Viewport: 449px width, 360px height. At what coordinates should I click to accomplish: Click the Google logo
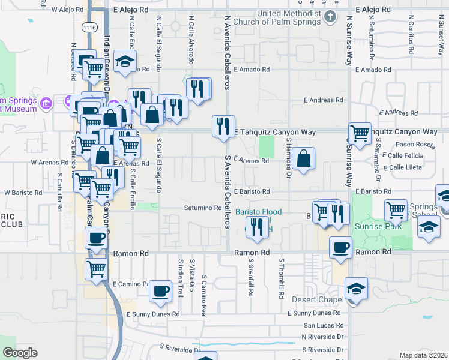20,353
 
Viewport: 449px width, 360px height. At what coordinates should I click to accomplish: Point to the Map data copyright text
423,355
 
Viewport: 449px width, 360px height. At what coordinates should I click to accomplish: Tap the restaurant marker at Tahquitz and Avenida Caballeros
223,127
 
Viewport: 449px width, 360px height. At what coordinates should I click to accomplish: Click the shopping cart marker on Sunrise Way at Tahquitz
360,134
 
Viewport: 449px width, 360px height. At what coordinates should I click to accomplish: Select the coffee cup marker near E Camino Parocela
160,292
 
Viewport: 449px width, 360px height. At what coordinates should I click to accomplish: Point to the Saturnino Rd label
203,208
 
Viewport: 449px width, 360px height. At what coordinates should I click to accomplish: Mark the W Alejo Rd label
67,10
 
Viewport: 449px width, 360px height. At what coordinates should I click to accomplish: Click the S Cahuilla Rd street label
60,193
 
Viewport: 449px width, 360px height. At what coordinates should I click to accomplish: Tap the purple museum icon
46,105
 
